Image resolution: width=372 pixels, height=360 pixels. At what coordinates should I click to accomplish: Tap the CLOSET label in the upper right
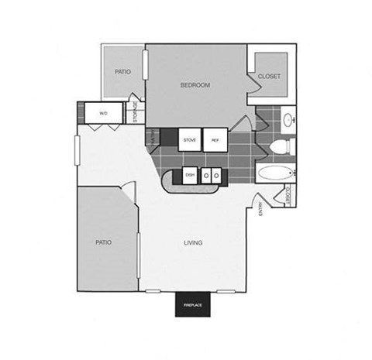(x=269, y=76)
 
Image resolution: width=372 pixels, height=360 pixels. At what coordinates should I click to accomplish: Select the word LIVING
(x=193, y=242)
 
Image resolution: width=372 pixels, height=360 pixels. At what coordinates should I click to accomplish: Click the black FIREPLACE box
(x=193, y=306)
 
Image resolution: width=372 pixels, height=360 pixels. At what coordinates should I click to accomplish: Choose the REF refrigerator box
(x=215, y=139)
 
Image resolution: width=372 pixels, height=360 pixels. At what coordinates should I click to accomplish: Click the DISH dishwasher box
(x=189, y=175)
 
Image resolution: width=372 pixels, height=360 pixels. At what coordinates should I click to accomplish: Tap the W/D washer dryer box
(x=103, y=114)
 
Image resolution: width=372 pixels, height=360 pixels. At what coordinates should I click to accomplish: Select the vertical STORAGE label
(x=135, y=111)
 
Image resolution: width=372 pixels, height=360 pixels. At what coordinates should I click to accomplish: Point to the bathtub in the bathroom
(x=274, y=173)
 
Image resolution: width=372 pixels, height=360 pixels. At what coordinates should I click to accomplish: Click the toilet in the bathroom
(x=284, y=144)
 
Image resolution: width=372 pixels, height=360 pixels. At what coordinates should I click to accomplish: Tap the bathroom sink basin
(x=288, y=120)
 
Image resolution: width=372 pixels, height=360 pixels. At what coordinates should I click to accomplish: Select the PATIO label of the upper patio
(x=122, y=71)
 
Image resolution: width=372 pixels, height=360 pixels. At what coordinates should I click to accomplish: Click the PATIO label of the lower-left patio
(x=103, y=242)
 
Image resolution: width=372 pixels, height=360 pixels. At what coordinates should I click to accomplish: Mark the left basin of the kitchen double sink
(x=206, y=176)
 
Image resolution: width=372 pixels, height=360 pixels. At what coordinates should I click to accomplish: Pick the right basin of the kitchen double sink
(x=217, y=176)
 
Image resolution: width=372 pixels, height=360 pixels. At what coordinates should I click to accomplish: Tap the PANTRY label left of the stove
(x=153, y=137)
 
